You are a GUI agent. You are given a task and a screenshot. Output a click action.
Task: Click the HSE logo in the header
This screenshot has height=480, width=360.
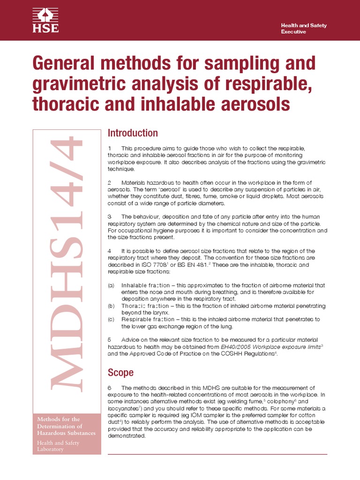pyautogui.click(x=45, y=20)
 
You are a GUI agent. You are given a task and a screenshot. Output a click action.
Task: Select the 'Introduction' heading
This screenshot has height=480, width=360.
pyautogui.click(x=133, y=133)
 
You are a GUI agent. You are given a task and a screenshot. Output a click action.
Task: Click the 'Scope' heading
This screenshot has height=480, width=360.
pyautogui.click(x=120, y=373)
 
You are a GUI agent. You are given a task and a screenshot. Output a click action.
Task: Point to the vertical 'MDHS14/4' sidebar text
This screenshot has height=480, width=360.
pyautogui.click(x=67, y=262)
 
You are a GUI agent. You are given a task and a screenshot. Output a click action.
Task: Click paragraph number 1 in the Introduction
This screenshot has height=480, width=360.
pyautogui.click(x=109, y=148)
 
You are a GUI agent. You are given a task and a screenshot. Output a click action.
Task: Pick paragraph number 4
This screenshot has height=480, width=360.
pyautogui.click(x=109, y=251)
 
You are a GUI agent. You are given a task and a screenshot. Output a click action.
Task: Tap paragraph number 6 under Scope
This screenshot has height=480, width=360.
pyautogui.click(x=109, y=388)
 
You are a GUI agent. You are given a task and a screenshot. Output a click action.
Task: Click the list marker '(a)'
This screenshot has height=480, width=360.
pyautogui.click(x=111, y=285)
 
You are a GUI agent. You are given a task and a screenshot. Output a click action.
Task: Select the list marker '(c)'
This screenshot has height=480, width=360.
pyautogui.click(x=111, y=319)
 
